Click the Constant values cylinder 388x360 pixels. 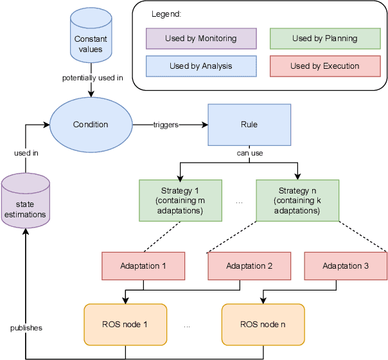click(x=91, y=40)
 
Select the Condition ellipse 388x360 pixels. click(x=91, y=125)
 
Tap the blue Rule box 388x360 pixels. click(x=249, y=125)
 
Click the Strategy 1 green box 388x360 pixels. click(x=181, y=200)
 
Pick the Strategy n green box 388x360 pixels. click(x=297, y=200)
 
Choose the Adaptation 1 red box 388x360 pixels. click(x=143, y=265)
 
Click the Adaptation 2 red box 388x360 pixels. click(x=249, y=265)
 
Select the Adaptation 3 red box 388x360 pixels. click(x=346, y=265)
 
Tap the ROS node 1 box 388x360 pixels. click(x=125, y=323)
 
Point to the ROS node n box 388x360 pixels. click(x=263, y=323)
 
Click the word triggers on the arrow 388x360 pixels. click(x=166, y=125)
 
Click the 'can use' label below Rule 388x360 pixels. click(x=249, y=153)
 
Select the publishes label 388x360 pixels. click(x=26, y=328)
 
